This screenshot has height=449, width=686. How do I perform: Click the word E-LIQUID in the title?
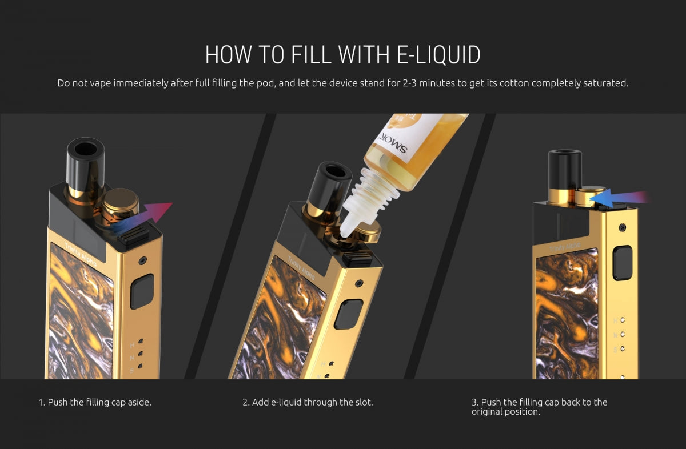click(x=438, y=54)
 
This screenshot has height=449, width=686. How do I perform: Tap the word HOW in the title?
click(x=228, y=54)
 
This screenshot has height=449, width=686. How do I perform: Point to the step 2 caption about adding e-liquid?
click(x=308, y=402)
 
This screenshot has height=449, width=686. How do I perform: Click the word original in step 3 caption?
click(x=486, y=412)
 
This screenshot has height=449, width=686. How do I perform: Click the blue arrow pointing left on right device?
click(x=619, y=198)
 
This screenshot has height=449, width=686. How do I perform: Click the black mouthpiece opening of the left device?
click(x=86, y=149)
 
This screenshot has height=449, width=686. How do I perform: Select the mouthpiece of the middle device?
click(x=328, y=189)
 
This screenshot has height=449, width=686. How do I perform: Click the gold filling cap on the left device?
click(x=121, y=204)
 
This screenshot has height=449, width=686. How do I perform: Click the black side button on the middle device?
click(x=349, y=314)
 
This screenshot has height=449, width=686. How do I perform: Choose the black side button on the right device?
click(x=622, y=263)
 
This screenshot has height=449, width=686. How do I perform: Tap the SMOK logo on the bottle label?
click(x=393, y=143)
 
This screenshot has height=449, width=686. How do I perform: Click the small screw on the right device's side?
click(x=623, y=227)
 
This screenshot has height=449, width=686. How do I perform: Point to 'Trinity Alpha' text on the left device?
click(x=81, y=254)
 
